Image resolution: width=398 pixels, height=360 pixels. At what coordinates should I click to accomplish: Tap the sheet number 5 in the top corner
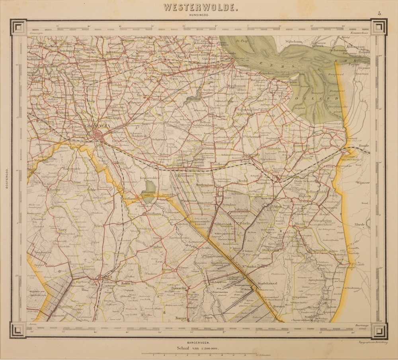click(380, 14)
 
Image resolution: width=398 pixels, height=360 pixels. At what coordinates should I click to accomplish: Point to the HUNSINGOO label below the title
click(199, 15)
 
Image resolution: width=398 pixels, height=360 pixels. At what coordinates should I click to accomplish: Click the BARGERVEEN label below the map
click(199, 342)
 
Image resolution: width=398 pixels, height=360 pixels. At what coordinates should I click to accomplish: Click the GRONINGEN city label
click(96, 126)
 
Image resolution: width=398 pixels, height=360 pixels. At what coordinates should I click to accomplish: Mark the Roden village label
click(54, 189)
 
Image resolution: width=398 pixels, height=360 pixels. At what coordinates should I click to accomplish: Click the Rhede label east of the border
click(359, 224)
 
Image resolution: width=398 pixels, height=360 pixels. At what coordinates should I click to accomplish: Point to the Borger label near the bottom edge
click(181, 318)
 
